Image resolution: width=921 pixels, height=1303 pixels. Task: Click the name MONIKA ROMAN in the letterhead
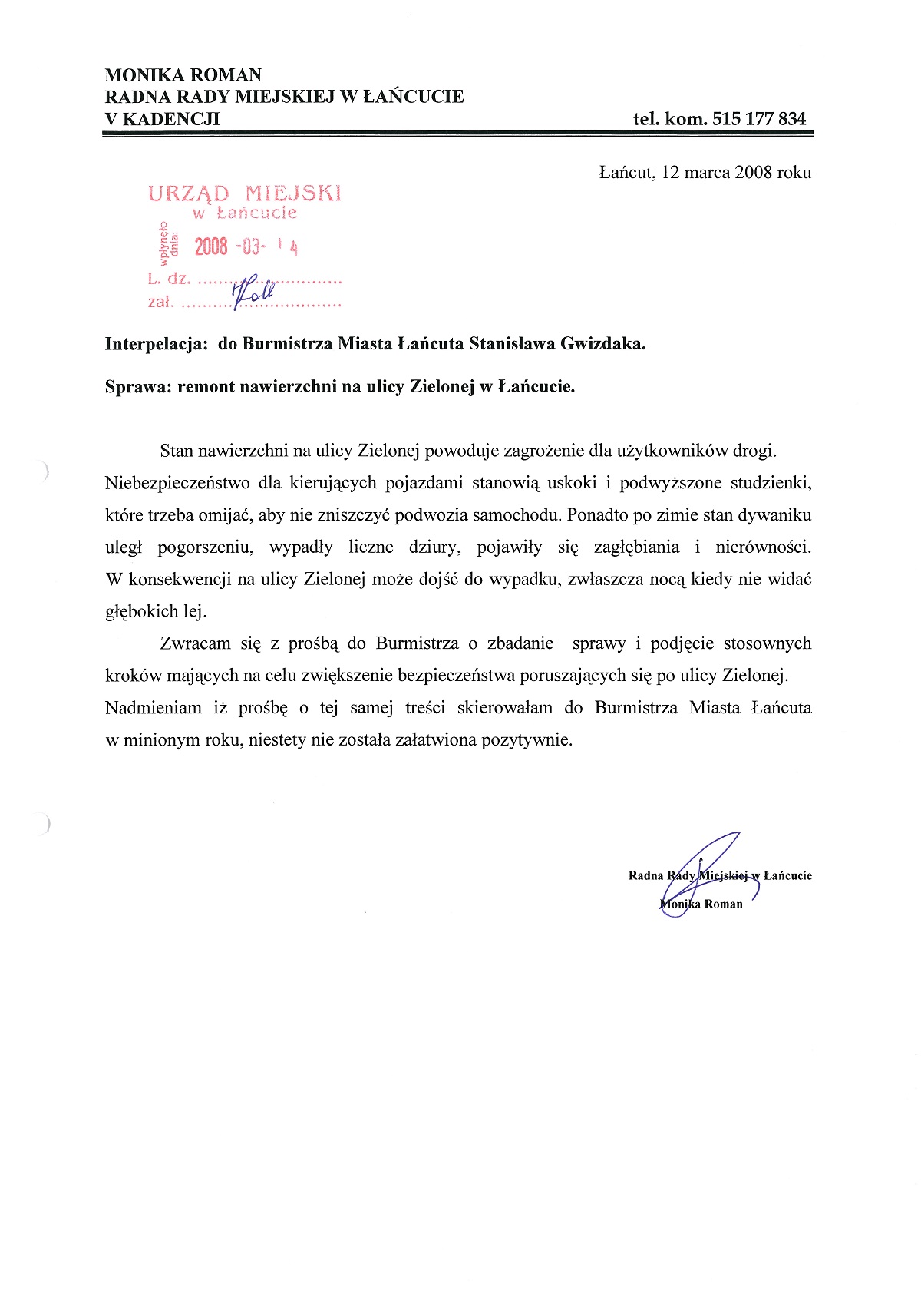click(x=183, y=75)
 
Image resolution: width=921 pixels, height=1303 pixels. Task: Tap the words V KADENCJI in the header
click(x=162, y=119)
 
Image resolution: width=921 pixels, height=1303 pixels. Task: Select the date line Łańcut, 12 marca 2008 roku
click(x=705, y=172)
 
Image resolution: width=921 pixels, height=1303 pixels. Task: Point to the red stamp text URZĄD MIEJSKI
click(x=244, y=193)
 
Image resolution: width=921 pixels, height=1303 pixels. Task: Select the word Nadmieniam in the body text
click(x=153, y=708)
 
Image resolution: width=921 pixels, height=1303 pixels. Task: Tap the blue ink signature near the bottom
click(x=702, y=871)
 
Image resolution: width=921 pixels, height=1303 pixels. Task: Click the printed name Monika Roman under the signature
click(x=701, y=904)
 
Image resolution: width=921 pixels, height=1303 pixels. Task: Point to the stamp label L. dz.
click(x=168, y=279)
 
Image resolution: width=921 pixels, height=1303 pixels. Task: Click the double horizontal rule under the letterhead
click(x=457, y=134)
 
